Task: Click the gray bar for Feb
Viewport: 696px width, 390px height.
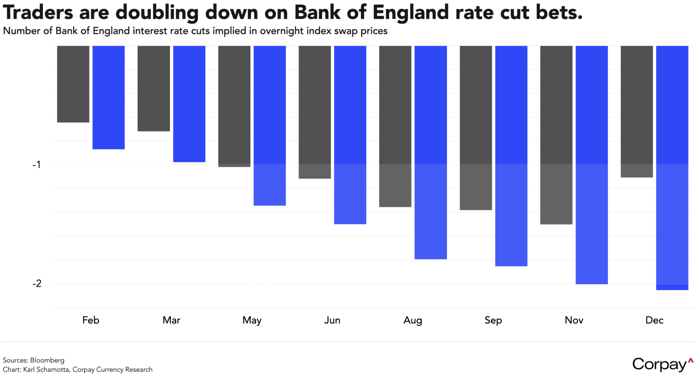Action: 73,84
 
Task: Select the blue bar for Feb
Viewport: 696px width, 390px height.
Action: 109,97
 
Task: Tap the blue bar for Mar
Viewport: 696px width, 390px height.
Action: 189,104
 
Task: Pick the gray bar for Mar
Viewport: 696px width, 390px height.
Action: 154,89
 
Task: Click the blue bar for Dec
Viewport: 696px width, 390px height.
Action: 672,168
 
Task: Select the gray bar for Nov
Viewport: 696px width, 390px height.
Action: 556,135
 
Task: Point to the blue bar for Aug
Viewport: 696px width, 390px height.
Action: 431,152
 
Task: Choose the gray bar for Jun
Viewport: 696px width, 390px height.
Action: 315,112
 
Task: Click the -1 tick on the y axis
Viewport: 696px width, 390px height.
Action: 37,165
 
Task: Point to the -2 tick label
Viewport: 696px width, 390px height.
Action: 37,284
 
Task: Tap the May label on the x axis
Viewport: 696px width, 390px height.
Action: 252,320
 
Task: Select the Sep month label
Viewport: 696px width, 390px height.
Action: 493,320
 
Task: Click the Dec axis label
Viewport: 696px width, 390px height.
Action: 654,320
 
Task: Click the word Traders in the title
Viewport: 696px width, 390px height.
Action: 38,12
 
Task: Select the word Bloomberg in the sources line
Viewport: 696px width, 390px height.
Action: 47,360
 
